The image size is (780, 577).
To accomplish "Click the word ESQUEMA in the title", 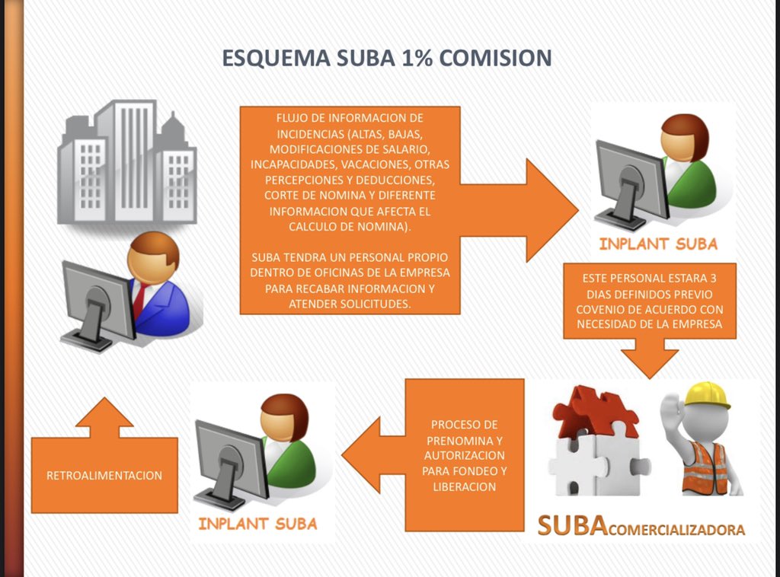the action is pyautogui.click(x=276, y=58).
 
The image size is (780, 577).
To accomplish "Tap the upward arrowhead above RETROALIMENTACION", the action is pyautogui.click(x=104, y=413).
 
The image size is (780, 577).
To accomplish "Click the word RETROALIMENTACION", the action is pyautogui.click(x=104, y=476).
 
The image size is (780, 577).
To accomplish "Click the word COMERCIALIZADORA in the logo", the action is pyautogui.click(x=676, y=530).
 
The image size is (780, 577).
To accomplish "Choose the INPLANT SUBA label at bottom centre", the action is pyautogui.click(x=257, y=524).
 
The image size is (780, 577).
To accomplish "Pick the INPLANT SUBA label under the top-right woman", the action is pyautogui.click(x=658, y=244).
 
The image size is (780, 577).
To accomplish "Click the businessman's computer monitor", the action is pyautogui.click(x=97, y=298).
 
